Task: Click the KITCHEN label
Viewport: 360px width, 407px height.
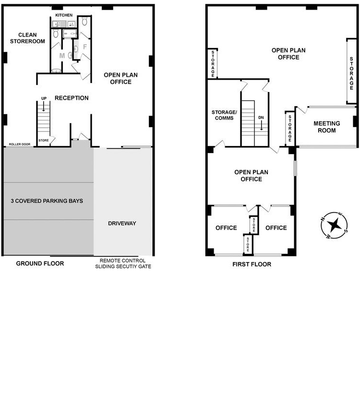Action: (x=64, y=15)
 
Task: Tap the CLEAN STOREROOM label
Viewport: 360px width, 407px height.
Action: (x=27, y=38)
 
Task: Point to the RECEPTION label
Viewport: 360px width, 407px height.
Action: (x=72, y=98)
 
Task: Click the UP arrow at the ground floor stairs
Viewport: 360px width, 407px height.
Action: (x=44, y=107)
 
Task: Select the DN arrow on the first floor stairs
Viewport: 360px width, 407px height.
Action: (x=262, y=125)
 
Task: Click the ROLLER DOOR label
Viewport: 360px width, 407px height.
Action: (x=20, y=144)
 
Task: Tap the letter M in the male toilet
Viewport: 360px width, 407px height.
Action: (x=62, y=56)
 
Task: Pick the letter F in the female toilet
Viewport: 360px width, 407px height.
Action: (x=85, y=47)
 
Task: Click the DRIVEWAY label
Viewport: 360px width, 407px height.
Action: (x=122, y=223)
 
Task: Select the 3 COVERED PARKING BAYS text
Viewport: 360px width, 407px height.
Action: (x=47, y=201)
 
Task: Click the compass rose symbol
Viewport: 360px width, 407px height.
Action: (x=334, y=225)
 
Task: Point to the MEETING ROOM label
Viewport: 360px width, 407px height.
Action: (x=327, y=127)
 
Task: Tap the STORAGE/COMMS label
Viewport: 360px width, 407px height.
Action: (x=224, y=115)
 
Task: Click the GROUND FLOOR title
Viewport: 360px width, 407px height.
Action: (x=40, y=263)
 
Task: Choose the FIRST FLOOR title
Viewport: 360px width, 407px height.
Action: (x=252, y=264)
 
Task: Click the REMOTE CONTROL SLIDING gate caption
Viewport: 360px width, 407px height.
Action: (x=123, y=263)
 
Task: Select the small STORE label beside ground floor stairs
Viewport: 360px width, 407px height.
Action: (x=44, y=141)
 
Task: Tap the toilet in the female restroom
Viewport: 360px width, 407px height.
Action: (x=84, y=21)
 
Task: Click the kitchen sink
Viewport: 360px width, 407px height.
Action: (x=57, y=24)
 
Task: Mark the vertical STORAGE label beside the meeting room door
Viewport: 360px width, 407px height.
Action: (x=290, y=129)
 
